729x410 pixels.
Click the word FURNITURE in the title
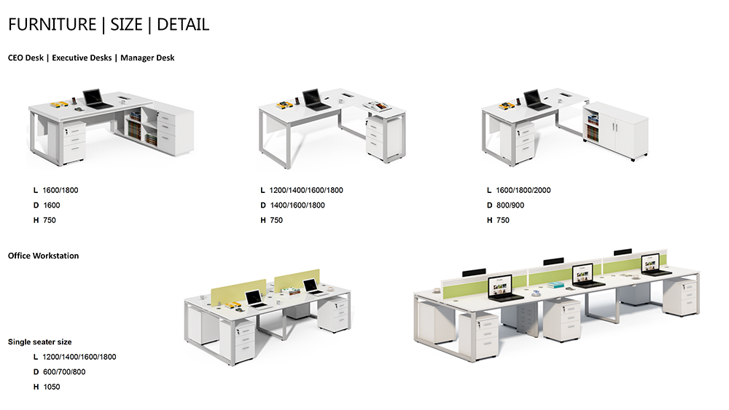[52, 24]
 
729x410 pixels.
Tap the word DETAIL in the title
[183, 24]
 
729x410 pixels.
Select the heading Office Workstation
[43, 256]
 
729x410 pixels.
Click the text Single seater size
[39, 342]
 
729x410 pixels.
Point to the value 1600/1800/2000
[523, 191]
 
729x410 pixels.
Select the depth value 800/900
[510, 205]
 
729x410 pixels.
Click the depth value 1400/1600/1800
[297, 205]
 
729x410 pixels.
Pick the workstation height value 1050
[52, 387]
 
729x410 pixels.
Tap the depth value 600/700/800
[64, 372]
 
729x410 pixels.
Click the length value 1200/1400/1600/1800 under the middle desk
[306, 191]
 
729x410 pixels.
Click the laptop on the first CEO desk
[93, 98]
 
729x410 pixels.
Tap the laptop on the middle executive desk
[313, 99]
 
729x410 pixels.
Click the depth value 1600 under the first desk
[52, 205]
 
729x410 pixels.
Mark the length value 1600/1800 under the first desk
[61, 191]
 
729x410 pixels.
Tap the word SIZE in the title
[127, 24]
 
